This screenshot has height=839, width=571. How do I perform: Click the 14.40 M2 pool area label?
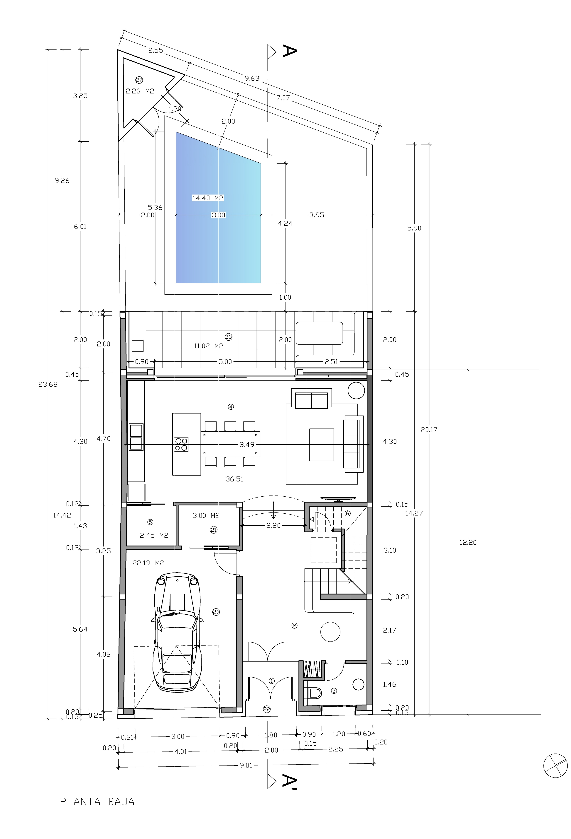(x=208, y=198)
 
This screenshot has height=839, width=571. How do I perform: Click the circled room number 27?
(x=139, y=80)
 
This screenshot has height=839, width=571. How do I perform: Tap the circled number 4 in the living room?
(x=231, y=407)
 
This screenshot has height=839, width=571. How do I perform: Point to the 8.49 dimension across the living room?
(x=247, y=444)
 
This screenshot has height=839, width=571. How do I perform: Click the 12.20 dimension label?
(x=468, y=542)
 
